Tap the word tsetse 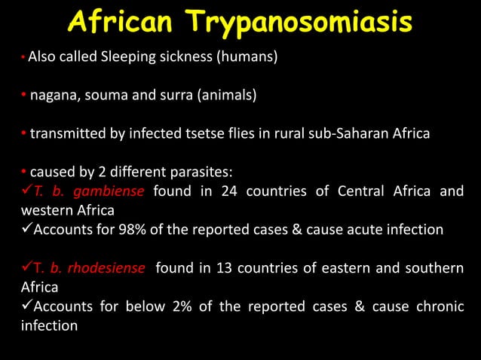[204, 134]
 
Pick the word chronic [438, 307]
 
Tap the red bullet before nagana [23, 96]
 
